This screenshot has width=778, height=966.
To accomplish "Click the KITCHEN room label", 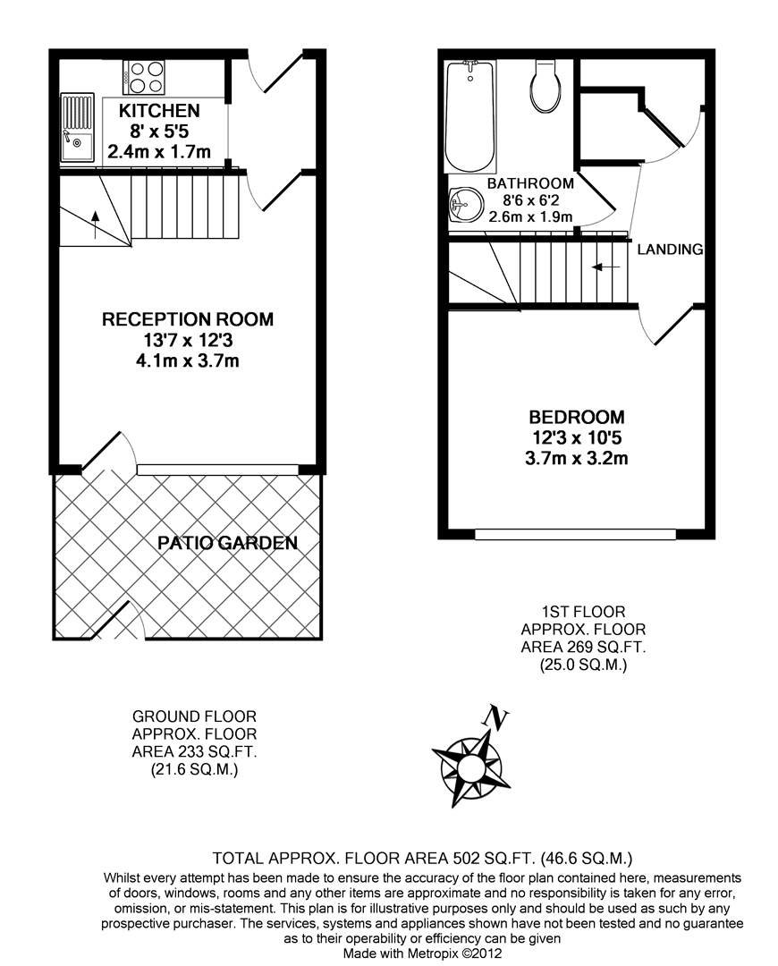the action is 159,111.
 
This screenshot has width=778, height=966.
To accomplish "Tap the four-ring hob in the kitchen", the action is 144,77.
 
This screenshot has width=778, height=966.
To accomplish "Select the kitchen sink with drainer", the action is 77,128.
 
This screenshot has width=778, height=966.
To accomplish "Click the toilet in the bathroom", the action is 545,85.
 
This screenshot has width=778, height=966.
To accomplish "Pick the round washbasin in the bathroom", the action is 465,205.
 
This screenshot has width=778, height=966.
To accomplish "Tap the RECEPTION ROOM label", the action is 188,319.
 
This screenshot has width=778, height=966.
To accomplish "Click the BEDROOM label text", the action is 577,417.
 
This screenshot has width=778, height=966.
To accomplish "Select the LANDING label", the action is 670,250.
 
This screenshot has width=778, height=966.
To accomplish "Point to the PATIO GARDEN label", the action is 227,543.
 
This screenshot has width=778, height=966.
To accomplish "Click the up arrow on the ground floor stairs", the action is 96,225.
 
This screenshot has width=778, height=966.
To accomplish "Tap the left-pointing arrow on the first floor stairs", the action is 605,267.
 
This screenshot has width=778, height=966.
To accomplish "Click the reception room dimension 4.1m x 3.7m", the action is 188,360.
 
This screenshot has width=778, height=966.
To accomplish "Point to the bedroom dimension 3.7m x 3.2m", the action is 577,458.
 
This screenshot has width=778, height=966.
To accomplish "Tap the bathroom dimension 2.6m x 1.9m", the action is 530,216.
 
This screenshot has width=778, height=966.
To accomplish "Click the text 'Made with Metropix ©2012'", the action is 423,953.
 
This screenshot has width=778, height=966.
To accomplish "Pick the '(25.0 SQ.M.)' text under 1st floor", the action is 583,665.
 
